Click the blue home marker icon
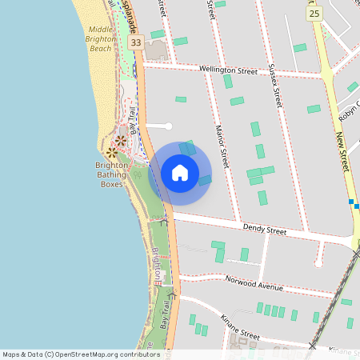pos(180,173)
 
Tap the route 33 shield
pos(136,42)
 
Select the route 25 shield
pos(314,14)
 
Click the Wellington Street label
pos(229,70)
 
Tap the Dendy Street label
pos(265,230)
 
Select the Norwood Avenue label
pos(255,285)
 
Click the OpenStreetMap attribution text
pos(81,354)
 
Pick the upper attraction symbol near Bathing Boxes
pos(120,141)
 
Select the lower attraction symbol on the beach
pos(111,152)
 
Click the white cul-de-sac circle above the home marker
pos(168,126)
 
